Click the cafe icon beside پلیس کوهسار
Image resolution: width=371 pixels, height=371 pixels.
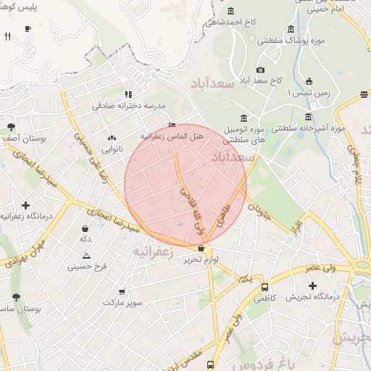tap(28, 28)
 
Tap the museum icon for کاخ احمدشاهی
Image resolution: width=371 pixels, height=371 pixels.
tap(231, 11)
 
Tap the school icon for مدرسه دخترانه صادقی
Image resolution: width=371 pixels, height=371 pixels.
tap(128, 93)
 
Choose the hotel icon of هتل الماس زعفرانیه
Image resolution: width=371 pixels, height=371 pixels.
tap(171, 124)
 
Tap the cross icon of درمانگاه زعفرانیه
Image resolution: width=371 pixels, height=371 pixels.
tap(26, 206)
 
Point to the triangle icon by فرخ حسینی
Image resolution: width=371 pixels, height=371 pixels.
tap(87, 255)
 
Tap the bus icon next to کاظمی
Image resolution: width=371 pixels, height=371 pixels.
tap(264, 287)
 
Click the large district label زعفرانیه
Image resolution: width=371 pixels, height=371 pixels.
tap(154, 251)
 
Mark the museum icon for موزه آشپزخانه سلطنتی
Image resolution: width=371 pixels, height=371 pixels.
tap(308, 116)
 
